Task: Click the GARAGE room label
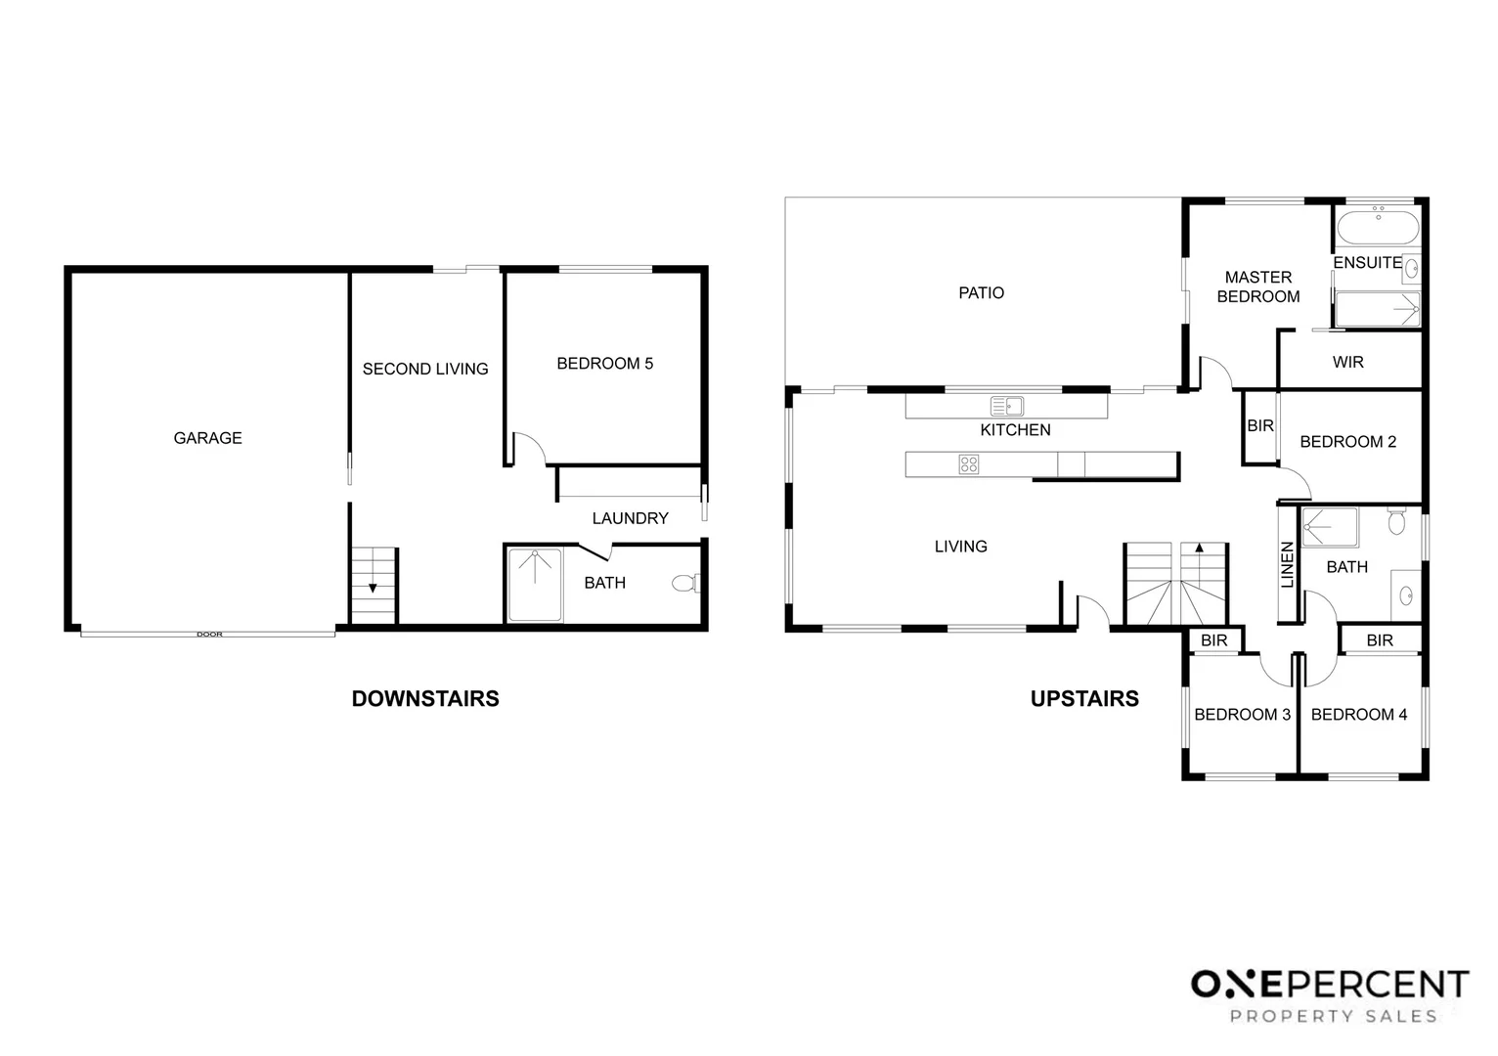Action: click(x=207, y=438)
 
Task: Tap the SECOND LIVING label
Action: click(x=425, y=369)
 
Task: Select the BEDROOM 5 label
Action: click(x=604, y=363)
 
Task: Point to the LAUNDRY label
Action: click(x=630, y=518)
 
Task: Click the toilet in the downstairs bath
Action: click(x=685, y=583)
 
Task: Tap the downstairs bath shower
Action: click(x=534, y=585)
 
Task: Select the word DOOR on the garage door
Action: click(x=209, y=634)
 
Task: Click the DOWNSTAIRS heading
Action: click(x=425, y=699)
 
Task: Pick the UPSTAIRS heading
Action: click(x=1084, y=699)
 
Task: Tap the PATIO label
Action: click(x=981, y=293)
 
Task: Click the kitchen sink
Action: click(x=1006, y=406)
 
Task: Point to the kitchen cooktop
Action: click(x=969, y=464)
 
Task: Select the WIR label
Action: click(x=1347, y=363)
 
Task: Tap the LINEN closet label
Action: click(x=1288, y=565)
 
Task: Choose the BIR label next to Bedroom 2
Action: click(x=1260, y=425)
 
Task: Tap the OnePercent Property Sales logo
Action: click(x=1330, y=997)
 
